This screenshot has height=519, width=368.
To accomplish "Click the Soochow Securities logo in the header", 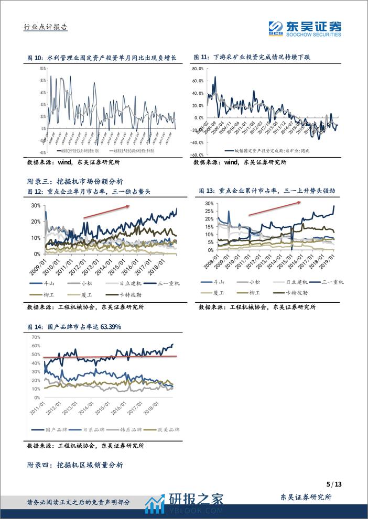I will click(x=305, y=28).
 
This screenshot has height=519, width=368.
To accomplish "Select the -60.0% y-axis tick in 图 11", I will click(x=197, y=155).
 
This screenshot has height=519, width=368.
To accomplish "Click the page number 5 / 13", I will click(x=333, y=483).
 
